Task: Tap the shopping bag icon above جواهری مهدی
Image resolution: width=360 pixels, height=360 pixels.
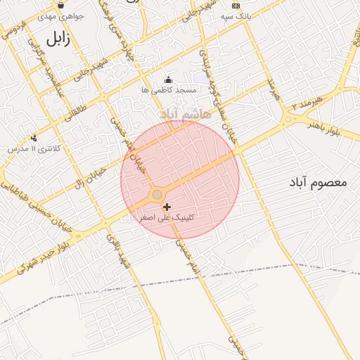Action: (x=62, y=5)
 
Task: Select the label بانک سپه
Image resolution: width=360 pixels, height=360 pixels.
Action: (x=236, y=15)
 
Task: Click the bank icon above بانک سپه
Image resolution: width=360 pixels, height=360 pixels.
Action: (x=236, y=6)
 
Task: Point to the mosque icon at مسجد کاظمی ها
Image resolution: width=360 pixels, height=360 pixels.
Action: (x=167, y=79)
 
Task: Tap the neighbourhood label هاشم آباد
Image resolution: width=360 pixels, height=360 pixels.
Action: (x=184, y=113)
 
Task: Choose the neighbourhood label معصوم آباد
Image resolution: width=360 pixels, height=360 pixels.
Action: (x=319, y=183)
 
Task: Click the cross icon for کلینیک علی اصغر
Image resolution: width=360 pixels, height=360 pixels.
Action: (x=167, y=207)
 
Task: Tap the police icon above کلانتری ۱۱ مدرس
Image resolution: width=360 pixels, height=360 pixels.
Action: (x=34, y=138)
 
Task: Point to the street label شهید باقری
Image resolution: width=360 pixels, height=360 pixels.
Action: (x=114, y=251)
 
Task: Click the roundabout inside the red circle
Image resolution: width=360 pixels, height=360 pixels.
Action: (x=157, y=195)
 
